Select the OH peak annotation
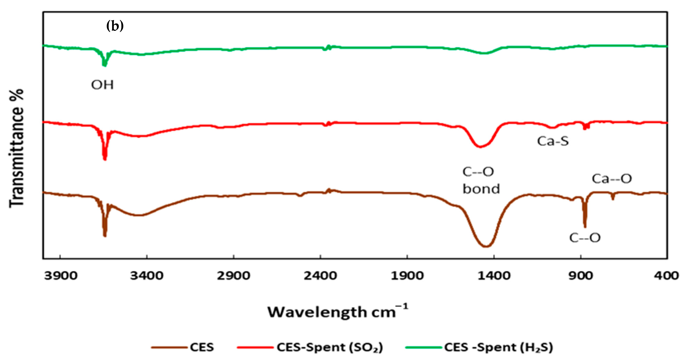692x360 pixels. pyautogui.click(x=102, y=85)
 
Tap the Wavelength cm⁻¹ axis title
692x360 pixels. pyautogui.click(x=338, y=312)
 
